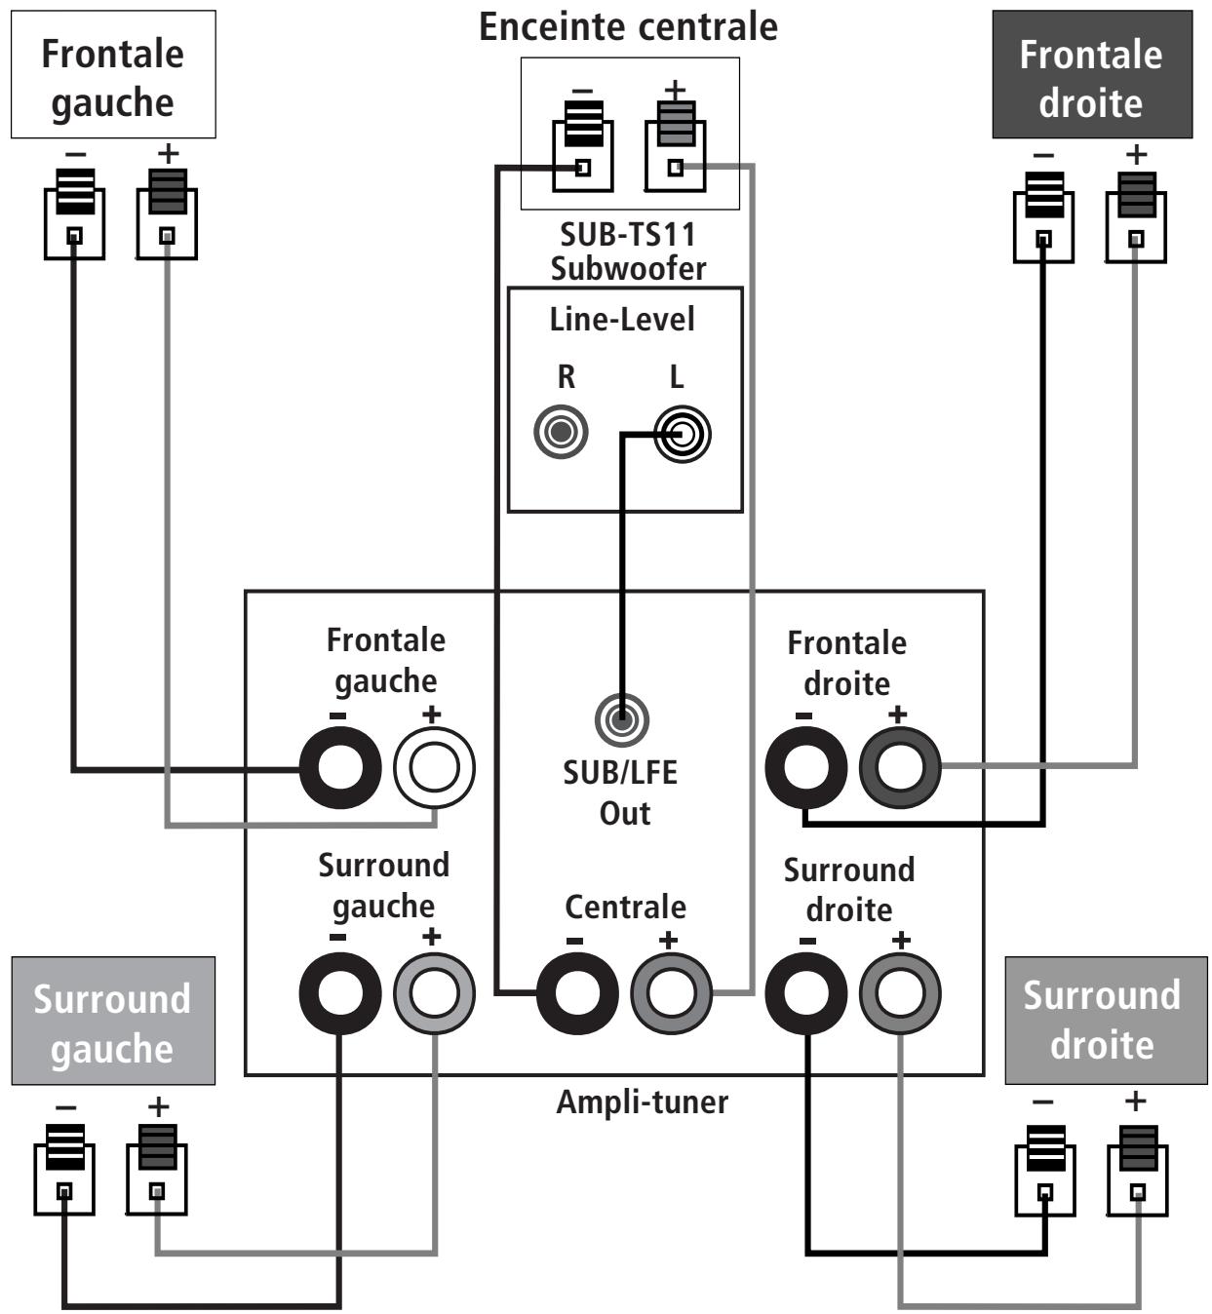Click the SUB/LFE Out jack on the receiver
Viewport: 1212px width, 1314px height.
coord(621,720)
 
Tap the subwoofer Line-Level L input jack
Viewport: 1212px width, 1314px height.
coord(682,434)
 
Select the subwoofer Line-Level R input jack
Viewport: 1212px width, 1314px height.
coord(561,431)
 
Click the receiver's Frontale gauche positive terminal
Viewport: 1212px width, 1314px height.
coord(434,767)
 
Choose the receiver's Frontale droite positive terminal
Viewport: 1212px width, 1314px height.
coord(899,767)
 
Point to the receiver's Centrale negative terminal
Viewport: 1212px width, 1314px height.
coord(576,993)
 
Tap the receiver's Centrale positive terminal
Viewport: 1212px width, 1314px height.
coord(671,993)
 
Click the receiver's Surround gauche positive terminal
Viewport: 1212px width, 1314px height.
coord(434,993)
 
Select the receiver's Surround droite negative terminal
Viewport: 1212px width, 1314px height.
coord(805,993)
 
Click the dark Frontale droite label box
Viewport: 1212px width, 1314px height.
coord(1091,75)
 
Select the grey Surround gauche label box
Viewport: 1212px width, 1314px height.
coord(113,1021)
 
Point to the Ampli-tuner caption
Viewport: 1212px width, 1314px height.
coord(642,1102)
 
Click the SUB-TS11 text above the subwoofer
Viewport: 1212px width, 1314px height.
coord(628,235)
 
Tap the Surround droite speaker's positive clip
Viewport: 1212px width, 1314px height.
coord(1137,1170)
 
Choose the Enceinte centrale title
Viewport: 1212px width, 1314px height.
coord(628,26)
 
